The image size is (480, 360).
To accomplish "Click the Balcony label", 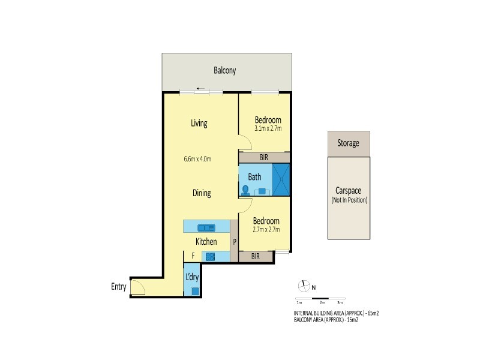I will pos(225,71).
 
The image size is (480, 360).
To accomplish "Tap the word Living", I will pos(199,124).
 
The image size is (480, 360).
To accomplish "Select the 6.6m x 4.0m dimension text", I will pos(197,159).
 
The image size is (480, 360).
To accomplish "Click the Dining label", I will pos(201,193).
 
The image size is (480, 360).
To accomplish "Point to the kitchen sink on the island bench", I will pos(206,227).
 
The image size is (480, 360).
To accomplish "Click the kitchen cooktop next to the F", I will pos(210,256).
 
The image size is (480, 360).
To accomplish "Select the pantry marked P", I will pos(235,242).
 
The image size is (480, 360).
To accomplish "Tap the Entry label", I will pos(118,287).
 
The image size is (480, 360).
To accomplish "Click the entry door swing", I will pos(137,289).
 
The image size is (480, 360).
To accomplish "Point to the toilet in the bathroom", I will pos(245,190).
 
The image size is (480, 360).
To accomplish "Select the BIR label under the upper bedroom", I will pos(264,157).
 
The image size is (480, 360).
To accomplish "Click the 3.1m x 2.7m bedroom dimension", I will pos(268,128).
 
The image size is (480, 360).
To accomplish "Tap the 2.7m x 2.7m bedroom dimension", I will pos(268,229).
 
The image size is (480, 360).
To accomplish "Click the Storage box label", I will pos(348,143).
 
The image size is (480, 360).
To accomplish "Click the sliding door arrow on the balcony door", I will pos(200,89).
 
